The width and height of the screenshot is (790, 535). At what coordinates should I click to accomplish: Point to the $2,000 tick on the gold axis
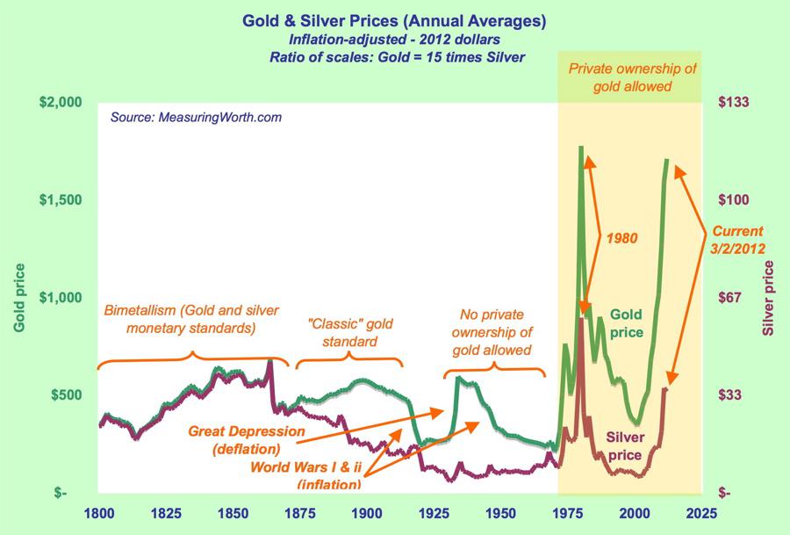58,103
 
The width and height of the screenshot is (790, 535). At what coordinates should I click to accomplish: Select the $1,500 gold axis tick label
58,200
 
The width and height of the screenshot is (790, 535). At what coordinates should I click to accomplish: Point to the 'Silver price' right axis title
769,297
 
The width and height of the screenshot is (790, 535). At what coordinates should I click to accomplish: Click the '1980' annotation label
621,238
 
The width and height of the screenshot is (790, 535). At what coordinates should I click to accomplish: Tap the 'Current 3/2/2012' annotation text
737,240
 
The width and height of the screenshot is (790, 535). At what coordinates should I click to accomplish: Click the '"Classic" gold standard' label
348,332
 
